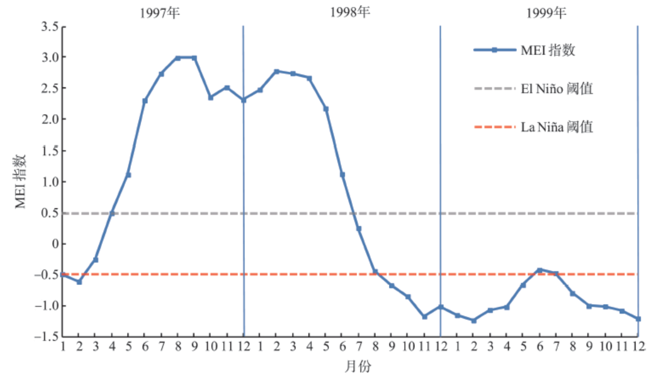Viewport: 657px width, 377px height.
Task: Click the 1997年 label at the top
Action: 159,13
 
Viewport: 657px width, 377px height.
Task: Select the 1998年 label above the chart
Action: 349,13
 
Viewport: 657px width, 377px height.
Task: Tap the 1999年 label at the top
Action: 546,13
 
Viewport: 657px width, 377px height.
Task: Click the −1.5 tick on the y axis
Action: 47,337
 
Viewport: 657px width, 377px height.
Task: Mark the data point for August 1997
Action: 177,58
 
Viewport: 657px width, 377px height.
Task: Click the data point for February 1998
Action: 277,72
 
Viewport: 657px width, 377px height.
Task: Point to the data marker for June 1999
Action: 540,270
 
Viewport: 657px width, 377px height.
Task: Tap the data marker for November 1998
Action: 425,317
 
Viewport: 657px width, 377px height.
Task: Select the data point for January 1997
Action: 62,275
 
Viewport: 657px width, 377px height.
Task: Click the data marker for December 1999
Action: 638,319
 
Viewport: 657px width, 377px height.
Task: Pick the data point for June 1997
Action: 145,100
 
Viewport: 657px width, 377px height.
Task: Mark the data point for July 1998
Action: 359,229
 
